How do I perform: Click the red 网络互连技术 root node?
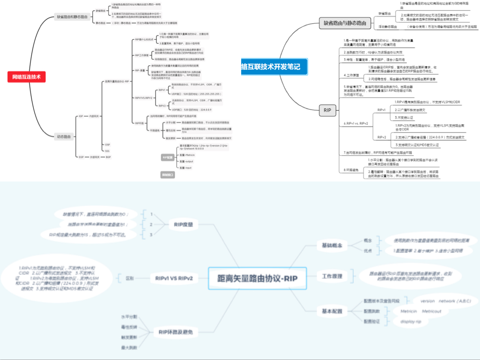tap(26, 76)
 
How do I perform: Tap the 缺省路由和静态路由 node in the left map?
tap(73, 17)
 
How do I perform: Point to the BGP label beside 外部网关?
tap(108, 157)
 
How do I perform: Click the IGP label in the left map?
tap(81, 116)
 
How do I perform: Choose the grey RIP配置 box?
tap(167, 157)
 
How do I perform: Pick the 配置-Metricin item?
tap(187, 155)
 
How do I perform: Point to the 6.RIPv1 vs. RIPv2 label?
tap(356, 123)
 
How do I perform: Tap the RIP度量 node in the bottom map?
tap(184, 224)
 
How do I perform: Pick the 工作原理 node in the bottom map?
tap(332, 276)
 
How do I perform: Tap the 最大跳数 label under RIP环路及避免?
tap(129, 347)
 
